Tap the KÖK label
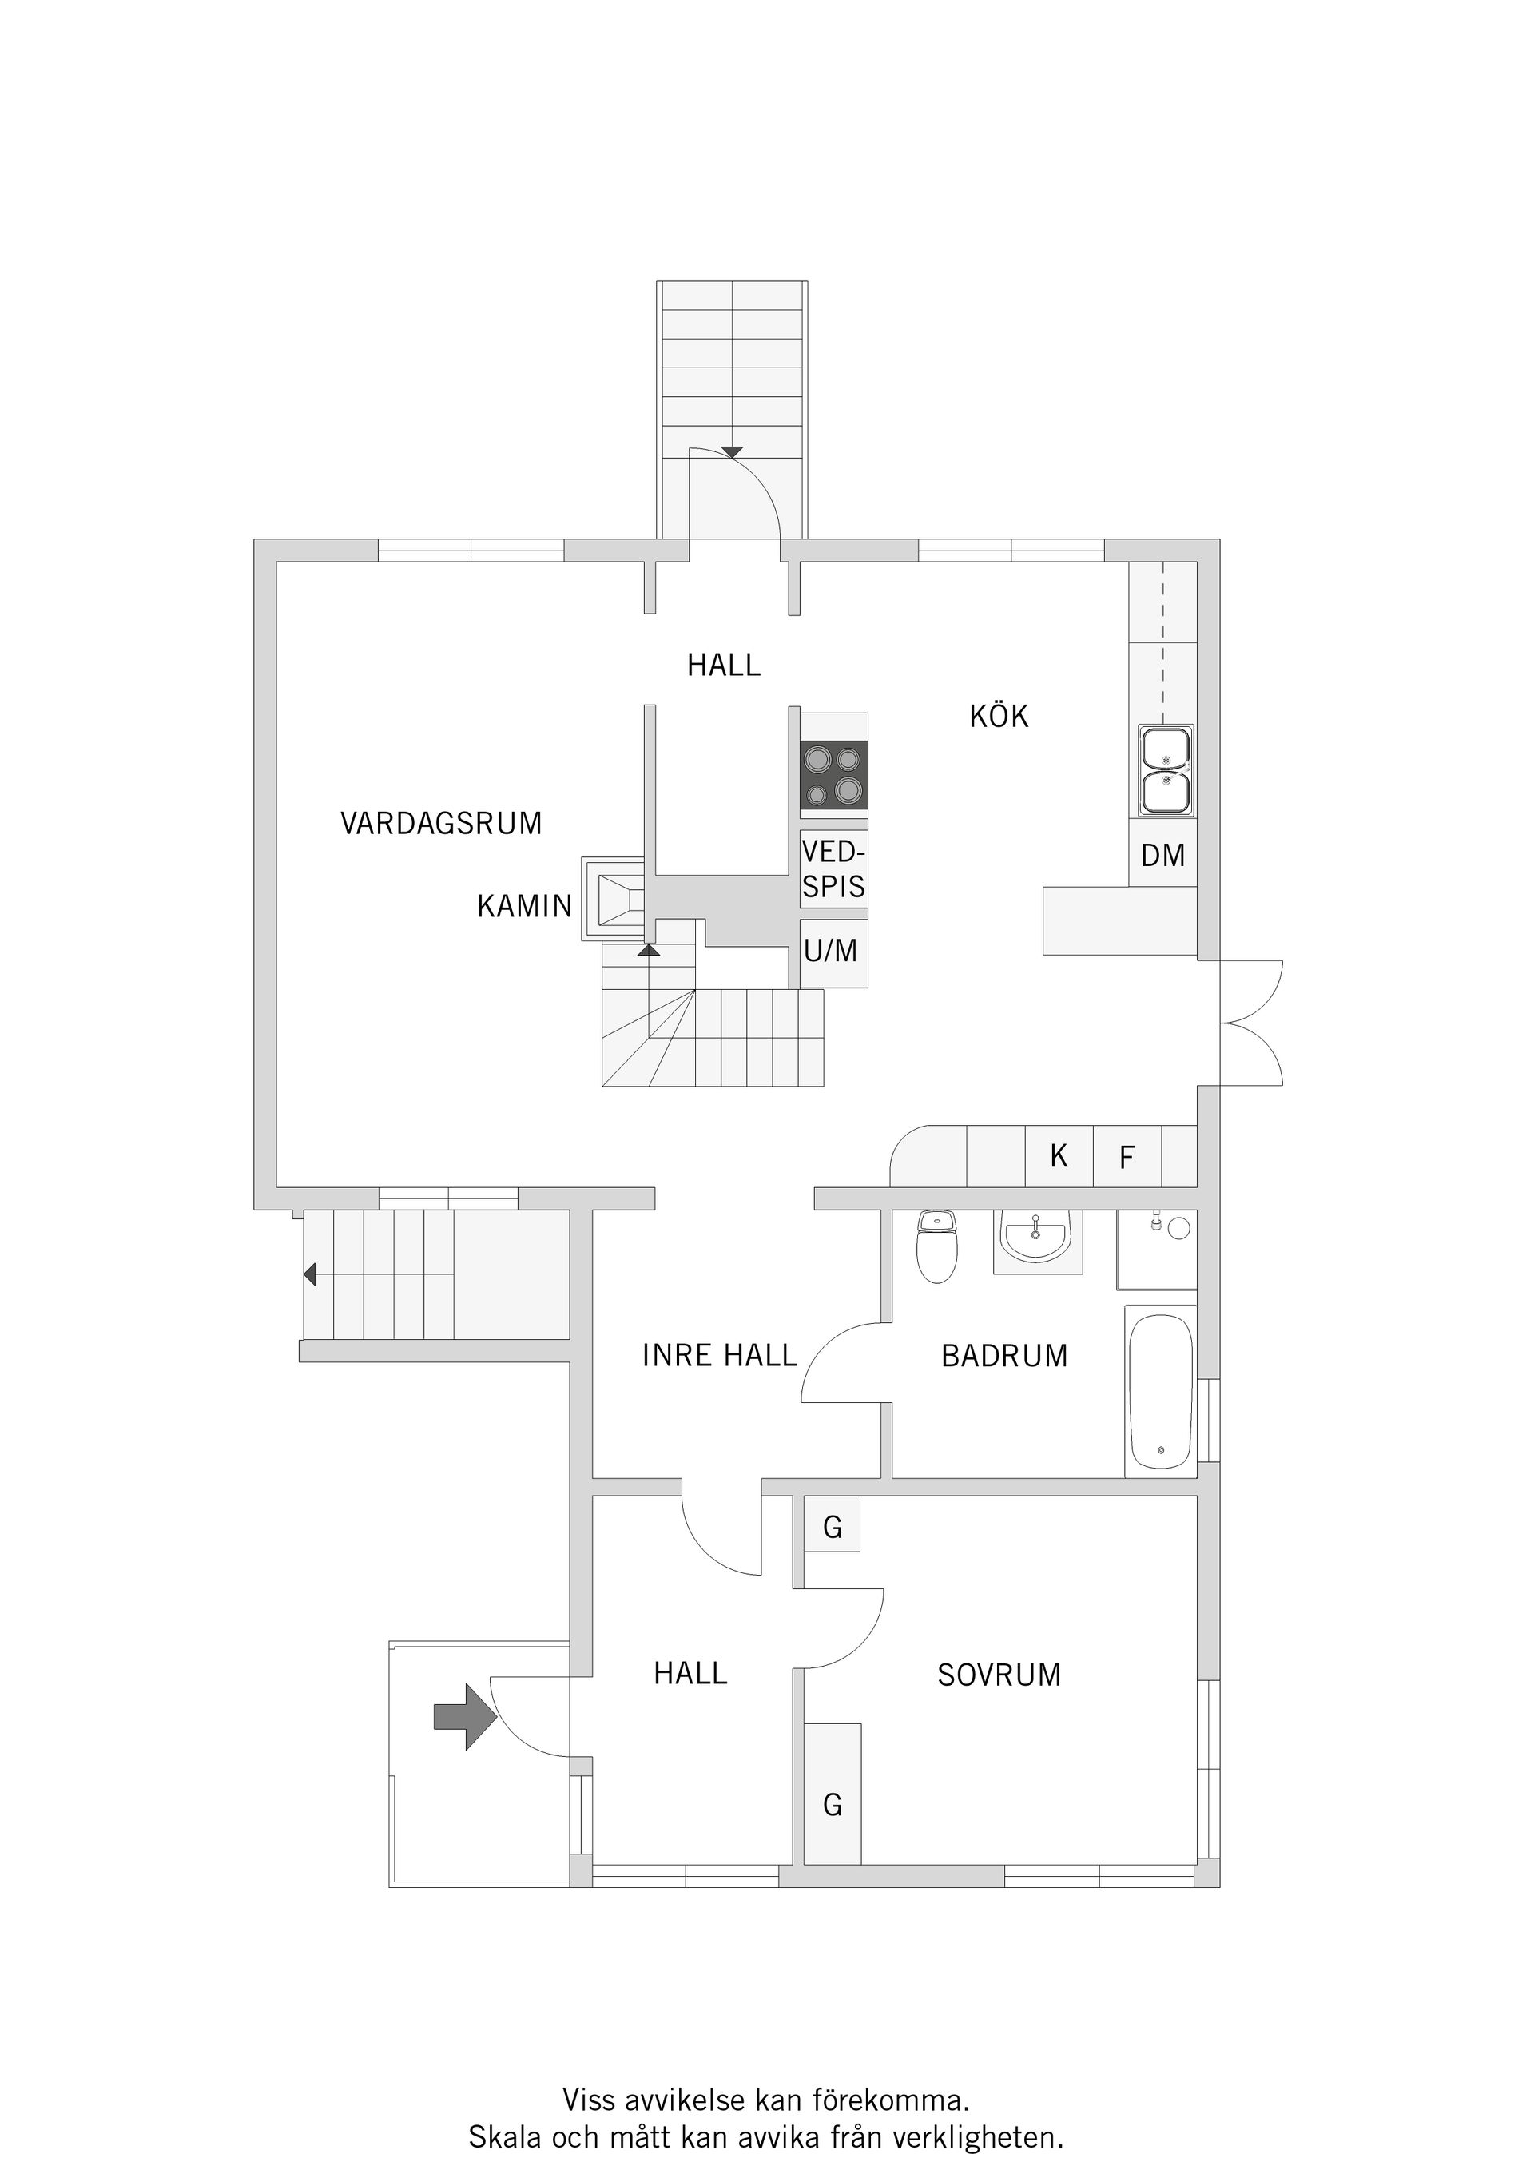coord(998,717)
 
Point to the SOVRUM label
coord(999,1675)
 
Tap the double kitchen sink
coord(1166,770)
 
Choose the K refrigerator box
coord(1059,1156)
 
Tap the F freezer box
coord(1127,1157)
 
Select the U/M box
coord(832,951)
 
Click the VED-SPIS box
coord(833,868)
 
